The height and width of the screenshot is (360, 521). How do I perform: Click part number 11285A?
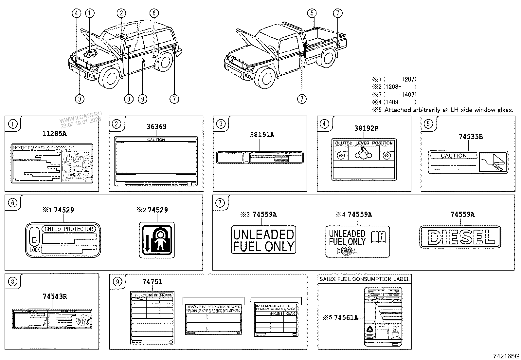pos(54,133)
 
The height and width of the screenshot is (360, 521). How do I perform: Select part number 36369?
pos(156,126)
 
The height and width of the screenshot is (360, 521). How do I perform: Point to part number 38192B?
pos(366,128)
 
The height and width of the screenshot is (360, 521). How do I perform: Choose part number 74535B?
pos(471,137)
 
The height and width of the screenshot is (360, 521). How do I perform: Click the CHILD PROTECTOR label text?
pos(69,229)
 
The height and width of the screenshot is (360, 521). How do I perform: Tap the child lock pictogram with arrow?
pos(157,240)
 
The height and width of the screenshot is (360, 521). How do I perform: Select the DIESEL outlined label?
pos(460,237)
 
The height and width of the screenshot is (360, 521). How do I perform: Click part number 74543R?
pos(55,296)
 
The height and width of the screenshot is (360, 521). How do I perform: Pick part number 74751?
pos(152,282)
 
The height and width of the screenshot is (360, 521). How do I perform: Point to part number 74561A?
pos(346,317)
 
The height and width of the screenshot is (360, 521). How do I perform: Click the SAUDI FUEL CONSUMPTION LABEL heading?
pos(365,279)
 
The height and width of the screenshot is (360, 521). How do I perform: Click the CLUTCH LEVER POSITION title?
pos(364,143)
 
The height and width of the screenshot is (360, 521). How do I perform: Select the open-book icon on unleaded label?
pos(379,237)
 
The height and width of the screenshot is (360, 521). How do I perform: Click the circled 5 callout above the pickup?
pos(312,13)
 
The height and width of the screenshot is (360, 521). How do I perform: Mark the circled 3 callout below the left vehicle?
pos(80,98)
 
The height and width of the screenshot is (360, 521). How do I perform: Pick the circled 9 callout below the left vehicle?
pos(142,98)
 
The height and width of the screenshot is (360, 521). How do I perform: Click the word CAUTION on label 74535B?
pos(454,156)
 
